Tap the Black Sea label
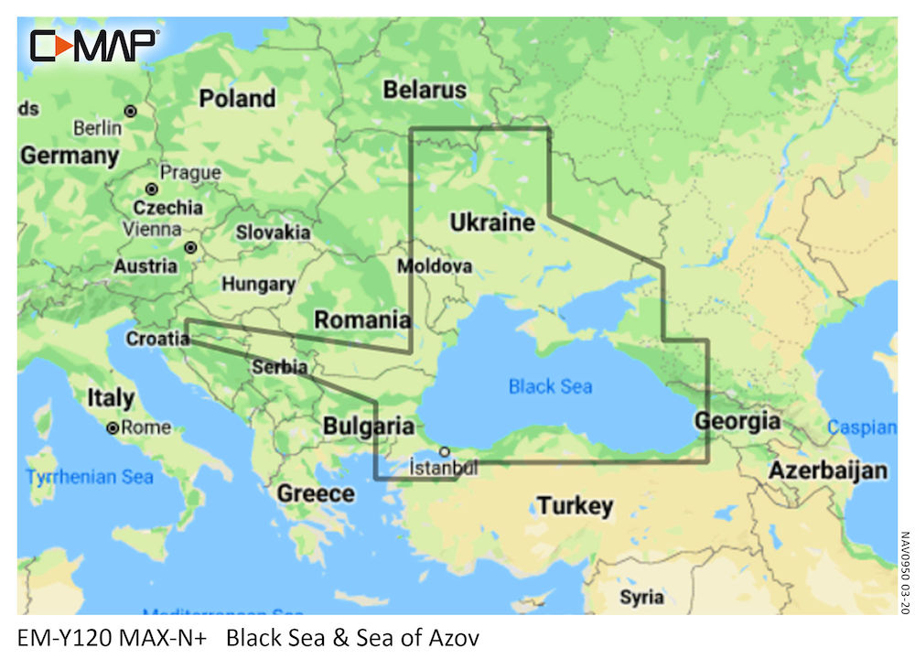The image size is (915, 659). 550,386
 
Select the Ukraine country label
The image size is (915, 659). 492,222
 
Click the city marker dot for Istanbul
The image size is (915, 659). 444,451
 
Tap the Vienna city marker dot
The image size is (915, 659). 190,247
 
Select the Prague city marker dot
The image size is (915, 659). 152,189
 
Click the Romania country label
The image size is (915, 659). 362,319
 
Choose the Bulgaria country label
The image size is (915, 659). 368,427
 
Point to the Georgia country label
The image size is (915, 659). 737,421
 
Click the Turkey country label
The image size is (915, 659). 575,505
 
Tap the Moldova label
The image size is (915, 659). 435,266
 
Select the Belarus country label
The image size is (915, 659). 425,90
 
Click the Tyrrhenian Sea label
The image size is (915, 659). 90,477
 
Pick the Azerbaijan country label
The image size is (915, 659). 827,470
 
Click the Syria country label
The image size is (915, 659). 641,597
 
